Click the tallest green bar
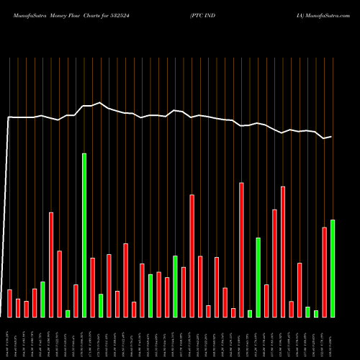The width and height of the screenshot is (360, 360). click(84, 235)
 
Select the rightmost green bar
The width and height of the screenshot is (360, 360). click(333, 268)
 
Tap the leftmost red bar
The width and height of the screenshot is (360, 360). click(9, 303)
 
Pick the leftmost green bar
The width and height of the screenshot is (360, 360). click(42, 299)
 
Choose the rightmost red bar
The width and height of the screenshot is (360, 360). click(324, 271)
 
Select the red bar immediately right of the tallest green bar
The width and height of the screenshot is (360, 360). click(93, 287)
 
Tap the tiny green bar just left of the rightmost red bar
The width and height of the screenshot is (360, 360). click(316, 313)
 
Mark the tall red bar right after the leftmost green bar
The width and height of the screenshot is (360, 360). click(51, 264)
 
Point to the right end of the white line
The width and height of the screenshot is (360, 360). click(331, 137)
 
